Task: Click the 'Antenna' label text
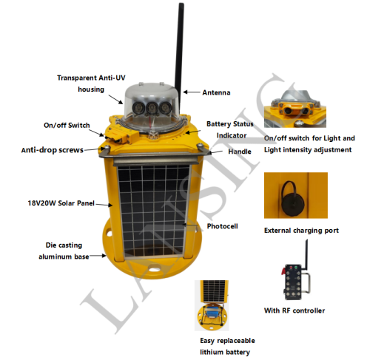[216, 92]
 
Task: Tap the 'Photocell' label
[223, 226]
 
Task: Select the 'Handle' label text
[240, 152]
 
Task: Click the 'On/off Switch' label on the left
[67, 125]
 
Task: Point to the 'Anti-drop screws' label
[53, 150]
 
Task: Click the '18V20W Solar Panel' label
[61, 203]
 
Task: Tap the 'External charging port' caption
[301, 231]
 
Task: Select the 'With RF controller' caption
[295, 310]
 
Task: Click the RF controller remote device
[296, 279]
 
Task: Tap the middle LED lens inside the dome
[151, 107]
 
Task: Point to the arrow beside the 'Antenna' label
[192, 92]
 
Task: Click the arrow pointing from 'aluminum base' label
[98, 256]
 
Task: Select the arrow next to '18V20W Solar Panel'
[104, 205]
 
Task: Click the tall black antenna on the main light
[179, 57]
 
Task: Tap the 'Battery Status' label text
[230, 123]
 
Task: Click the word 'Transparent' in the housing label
[77, 78]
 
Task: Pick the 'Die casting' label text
[64, 245]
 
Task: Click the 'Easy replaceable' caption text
[227, 341]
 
